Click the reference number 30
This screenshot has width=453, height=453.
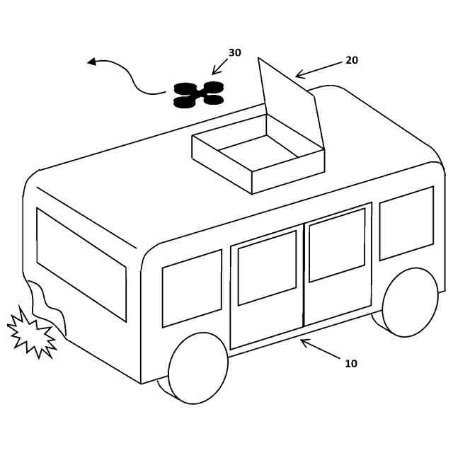tap(234, 53)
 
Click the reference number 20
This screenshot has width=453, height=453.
tap(352, 61)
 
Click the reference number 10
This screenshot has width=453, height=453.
tap(351, 364)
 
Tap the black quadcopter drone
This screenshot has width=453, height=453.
tap(199, 94)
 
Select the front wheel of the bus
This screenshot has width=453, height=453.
tap(197, 368)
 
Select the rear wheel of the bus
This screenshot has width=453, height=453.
tap(410, 302)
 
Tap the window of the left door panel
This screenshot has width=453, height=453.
tap(267, 268)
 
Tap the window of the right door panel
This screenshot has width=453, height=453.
tap(337, 244)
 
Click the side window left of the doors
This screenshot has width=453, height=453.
tap(192, 287)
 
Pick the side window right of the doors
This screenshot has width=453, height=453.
tap(406, 223)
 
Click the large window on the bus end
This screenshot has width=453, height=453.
tap(81, 263)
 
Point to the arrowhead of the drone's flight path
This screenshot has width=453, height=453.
tap(91, 62)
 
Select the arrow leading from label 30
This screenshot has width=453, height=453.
tap(219, 67)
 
